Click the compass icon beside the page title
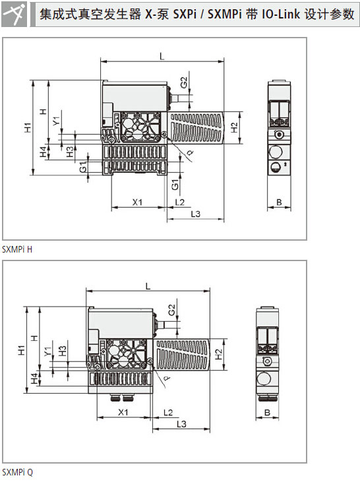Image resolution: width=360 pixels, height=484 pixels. point(15,15)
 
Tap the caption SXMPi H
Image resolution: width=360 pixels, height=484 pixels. point(17,249)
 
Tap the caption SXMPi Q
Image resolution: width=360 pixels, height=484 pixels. point(17,472)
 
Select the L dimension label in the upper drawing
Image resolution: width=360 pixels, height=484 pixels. point(162,56)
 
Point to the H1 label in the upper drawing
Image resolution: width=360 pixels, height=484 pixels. point(28,127)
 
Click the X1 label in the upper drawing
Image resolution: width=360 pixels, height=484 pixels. point(137,202)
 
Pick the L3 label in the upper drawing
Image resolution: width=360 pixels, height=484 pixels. point(195,214)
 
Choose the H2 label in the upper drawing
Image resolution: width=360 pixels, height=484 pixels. point(235,127)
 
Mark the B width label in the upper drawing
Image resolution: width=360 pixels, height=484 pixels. point(279,202)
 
